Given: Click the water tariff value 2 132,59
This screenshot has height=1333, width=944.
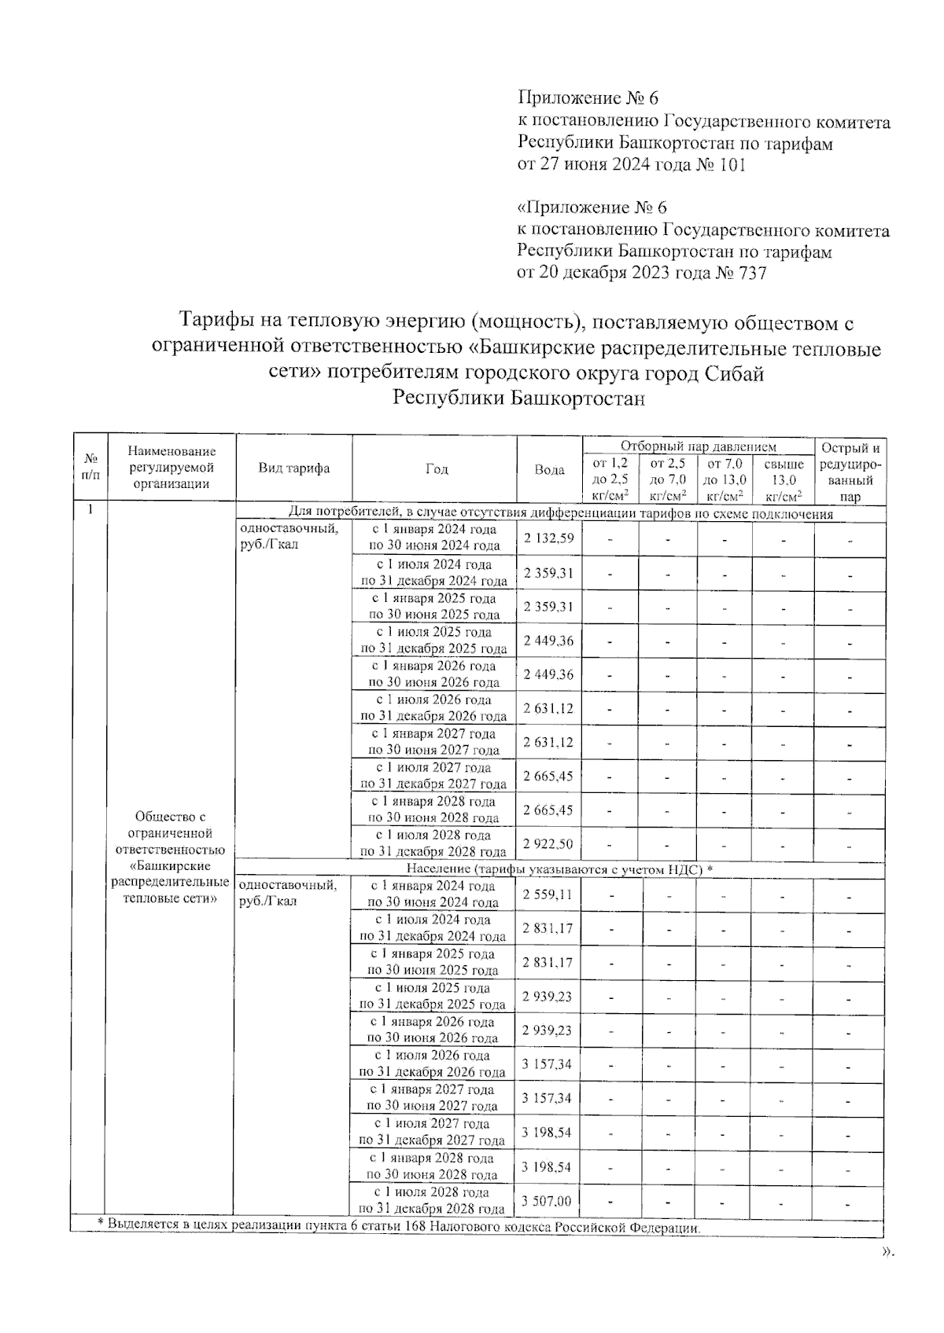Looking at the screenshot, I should (x=549, y=538).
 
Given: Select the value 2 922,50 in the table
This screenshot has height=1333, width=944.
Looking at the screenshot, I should (x=549, y=844).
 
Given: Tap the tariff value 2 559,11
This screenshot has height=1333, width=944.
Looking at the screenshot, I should (x=548, y=894).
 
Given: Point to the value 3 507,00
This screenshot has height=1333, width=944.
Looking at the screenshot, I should (x=547, y=1201).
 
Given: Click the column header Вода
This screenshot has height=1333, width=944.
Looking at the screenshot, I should (x=549, y=469).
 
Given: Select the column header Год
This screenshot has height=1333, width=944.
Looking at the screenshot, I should (x=436, y=469).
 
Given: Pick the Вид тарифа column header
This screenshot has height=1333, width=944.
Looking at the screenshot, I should (x=294, y=468).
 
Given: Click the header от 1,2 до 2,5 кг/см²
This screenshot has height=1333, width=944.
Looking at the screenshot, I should (x=610, y=479).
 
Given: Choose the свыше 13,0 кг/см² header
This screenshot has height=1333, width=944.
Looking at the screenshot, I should (x=783, y=479).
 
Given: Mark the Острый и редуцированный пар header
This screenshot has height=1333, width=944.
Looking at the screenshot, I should (x=850, y=472).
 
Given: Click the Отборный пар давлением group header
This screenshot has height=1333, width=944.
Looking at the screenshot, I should (x=698, y=446).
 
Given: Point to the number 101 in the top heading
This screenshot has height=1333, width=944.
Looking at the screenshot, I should (x=731, y=165).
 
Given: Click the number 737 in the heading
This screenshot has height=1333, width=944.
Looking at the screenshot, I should (x=750, y=274).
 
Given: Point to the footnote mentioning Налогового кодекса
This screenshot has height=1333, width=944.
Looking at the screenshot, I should (x=398, y=1226).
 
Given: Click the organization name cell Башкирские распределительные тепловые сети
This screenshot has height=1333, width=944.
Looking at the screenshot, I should (x=171, y=857).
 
